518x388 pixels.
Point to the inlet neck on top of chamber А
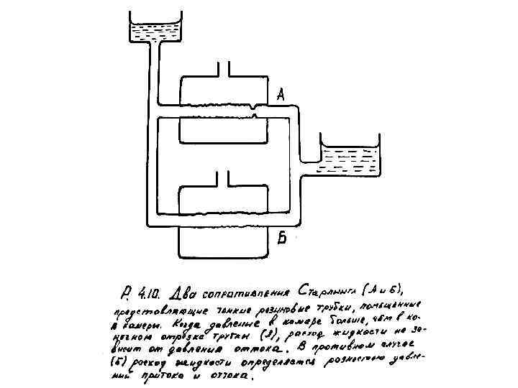coord(222,69)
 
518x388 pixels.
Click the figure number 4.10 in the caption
coord(148,295)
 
